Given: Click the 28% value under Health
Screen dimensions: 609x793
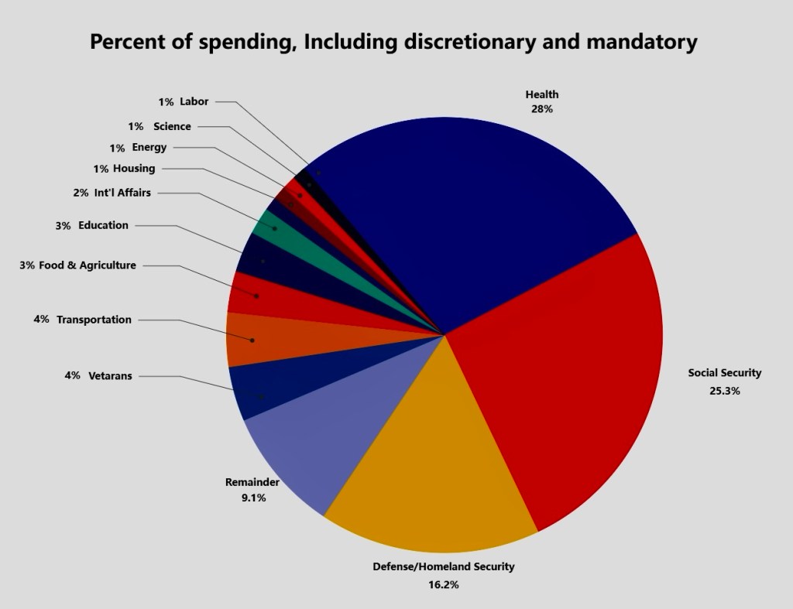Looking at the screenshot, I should pyautogui.click(x=541, y=109).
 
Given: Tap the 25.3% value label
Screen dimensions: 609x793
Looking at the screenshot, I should pyautogui.click(x=725, y=391).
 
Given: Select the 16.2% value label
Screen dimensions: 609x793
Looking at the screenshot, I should pyautogui.click(x=443, y=585).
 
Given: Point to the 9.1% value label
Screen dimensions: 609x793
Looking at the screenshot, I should pyautogui.click(x=253, y=498).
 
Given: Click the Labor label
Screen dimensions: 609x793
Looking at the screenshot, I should pyautogui.click(x=194, y=101).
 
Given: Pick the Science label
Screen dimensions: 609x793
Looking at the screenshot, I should pyautogui.click(x=172, y=126).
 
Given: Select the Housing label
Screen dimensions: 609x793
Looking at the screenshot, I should pyautogui.click(x=134, y=168).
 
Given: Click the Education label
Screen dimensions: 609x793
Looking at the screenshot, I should pyautogui.click(x=103, y=225).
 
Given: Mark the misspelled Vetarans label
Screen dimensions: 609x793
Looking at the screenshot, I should pyautogui.click(x=110, y=376).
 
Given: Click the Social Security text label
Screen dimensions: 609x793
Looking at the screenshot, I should pyautogui.click(x=725, y=373).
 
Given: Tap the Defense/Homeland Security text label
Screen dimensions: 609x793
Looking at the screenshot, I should pyautogui.click(x=443, y=566).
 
